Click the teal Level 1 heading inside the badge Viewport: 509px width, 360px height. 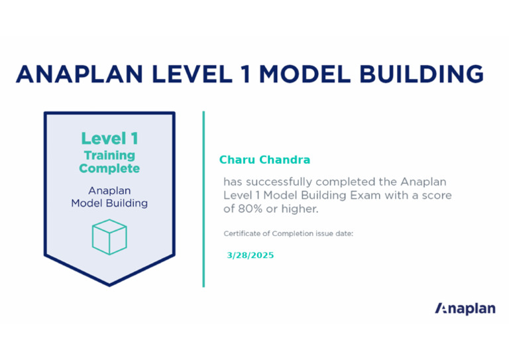[109, 139]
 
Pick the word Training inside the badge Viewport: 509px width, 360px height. [109, 156]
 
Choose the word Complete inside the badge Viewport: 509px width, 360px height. [109, 168]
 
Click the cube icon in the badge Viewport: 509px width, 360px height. [109, 237]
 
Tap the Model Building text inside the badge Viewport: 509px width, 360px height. [109, 204]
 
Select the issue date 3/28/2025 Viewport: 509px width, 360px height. [250, 255]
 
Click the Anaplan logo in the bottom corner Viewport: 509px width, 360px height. [465, 308]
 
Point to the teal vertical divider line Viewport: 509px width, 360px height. [203, 199]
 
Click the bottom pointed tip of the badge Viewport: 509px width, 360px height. [109, 284]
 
